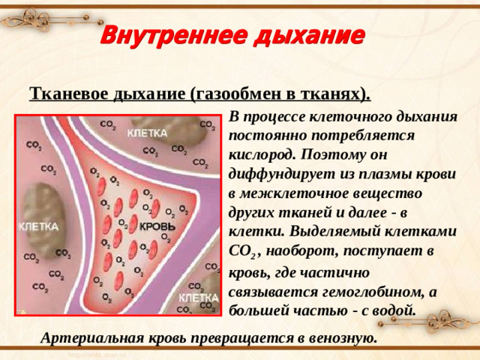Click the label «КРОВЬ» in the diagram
tap(157, 226)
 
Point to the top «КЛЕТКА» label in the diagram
tap(147, 133)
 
